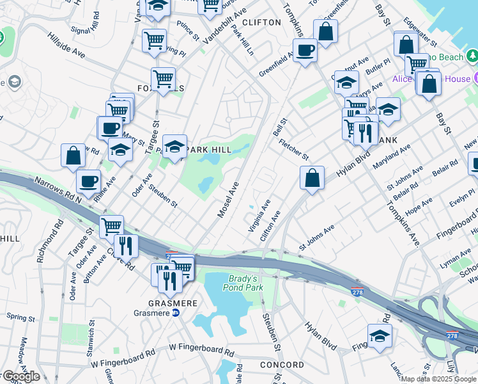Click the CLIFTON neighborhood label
click(261, 22)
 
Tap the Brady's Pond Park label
click(243, 283)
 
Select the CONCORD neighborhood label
click(282, 365)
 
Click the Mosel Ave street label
click(227, 200)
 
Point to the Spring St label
click(20, 317)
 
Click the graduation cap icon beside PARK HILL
click(174, 147)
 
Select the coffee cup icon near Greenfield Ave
click(305, 49)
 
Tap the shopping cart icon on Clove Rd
click(112, 227)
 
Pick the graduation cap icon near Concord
click(380, 335)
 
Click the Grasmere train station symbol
click(175, 313)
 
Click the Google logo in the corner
click(20, 376)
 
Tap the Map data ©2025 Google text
click(438, 379)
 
